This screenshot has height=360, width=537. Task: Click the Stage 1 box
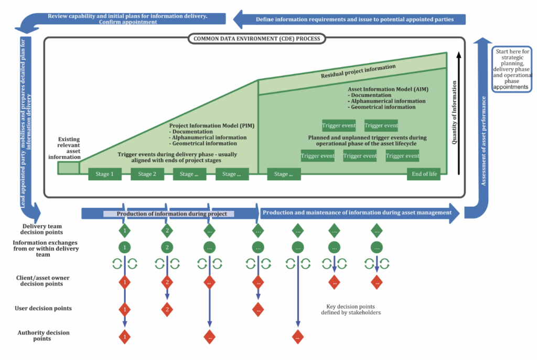[x=105, y=174]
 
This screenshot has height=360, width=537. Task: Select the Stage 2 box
[x=147, y=174]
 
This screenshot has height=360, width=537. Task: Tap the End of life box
[x=423, y=174]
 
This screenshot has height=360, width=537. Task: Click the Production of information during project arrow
[x=171, y=214]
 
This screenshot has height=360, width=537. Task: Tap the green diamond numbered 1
[x=124, y=230]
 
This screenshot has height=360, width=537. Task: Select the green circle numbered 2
[x=167, y=247]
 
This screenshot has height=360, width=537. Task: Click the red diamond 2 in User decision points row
[x=167, y=310]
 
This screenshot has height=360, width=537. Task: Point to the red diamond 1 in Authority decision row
[x=124, y=336]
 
